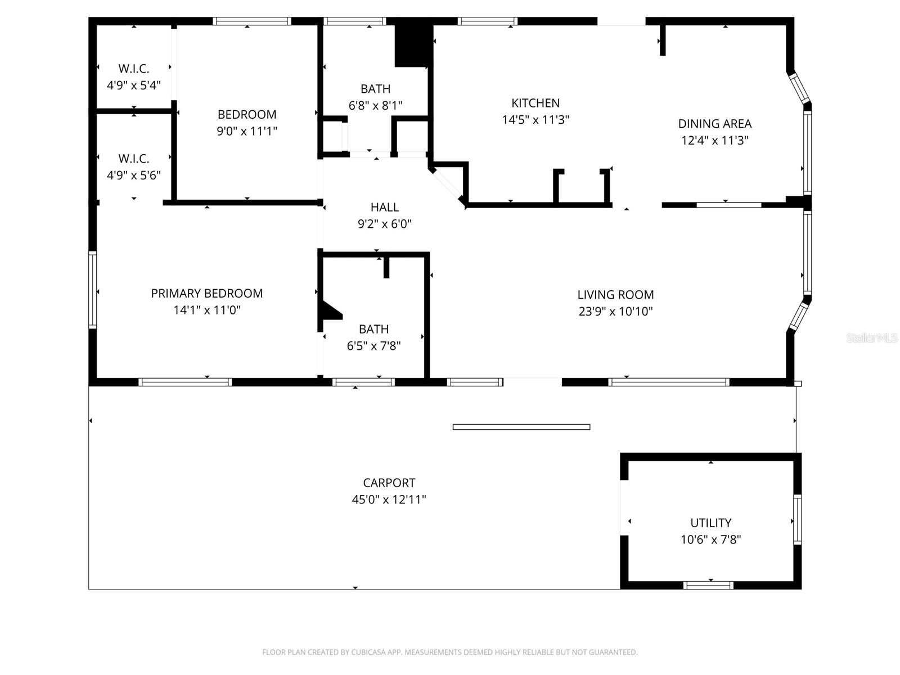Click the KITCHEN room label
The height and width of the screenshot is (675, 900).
pyautogui.click(x=535, y=103)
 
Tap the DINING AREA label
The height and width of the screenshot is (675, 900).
pyautogui.click(x=714, y=124)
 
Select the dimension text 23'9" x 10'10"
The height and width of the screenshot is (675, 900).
pyautogui.click(x=615, y=311)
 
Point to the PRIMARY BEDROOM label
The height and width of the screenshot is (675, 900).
pyautogui.click(x=206, y=293)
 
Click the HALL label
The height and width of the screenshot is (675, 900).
pyautogui.click(x=385, y=207)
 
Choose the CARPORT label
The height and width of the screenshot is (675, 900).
pyautogui.click(x=389, y=483)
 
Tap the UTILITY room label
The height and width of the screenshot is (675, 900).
pyautogui.click(x=710, y=523)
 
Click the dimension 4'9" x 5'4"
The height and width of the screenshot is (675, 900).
pyautogui.click(x=134, y=85)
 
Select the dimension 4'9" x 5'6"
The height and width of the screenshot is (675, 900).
pyautogui.click(x=134, y=175)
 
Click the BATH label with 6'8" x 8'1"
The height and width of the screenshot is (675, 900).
pyautogui.click(x=375, y=89)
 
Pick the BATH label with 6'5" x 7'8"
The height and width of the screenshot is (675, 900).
pyautogui.click(x=373, y=329)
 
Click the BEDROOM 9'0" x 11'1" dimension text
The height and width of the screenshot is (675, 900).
pyautogui.click(x=247, y=131)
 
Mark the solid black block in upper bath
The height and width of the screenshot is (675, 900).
pyautogui.click(x=412, y=46)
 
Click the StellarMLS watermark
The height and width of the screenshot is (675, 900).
pyautogui.click(x=871, y=338)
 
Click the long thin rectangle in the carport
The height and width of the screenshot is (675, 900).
pyautogui.click(x=521, y=427)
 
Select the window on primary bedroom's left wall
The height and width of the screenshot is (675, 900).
pyautogui.click(x=92, y=290)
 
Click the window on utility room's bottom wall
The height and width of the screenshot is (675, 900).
pyautogui.click(x=708, y=585)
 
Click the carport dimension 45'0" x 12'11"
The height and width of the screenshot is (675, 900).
pyautogui.click(x=389, y=499)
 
